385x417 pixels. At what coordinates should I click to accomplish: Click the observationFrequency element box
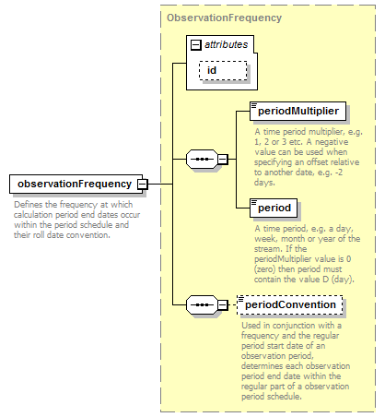(x=76, y=184)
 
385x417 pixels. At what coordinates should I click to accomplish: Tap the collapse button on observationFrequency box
(x=143, y=185)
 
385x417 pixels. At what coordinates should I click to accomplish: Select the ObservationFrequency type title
(x=224, y=18)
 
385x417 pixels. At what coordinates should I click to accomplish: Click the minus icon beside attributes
(x=195, y=45)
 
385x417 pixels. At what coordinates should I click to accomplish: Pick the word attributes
(x=227, y=44)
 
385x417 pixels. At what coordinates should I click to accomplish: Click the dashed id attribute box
(x=223, y=70)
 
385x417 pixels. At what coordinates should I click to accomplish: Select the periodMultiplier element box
(x=297, y=111)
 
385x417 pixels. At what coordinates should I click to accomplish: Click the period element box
(x=274, y=208)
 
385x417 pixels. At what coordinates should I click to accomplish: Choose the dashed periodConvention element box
(x=290, y=304)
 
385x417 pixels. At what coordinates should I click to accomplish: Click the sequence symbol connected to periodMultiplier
(x=202, y=159)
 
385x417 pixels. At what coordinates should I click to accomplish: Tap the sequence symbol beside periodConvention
(x=202, y=304)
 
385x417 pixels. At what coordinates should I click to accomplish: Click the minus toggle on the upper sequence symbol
(x=223, y=160)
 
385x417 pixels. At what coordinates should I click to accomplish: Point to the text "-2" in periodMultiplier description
(x=339, y=173)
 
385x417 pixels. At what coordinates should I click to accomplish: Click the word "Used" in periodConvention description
(x=251, y=326)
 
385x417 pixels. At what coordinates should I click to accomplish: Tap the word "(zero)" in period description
(x=265, y=269)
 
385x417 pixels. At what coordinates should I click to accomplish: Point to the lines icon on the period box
(x=254, y=202)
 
